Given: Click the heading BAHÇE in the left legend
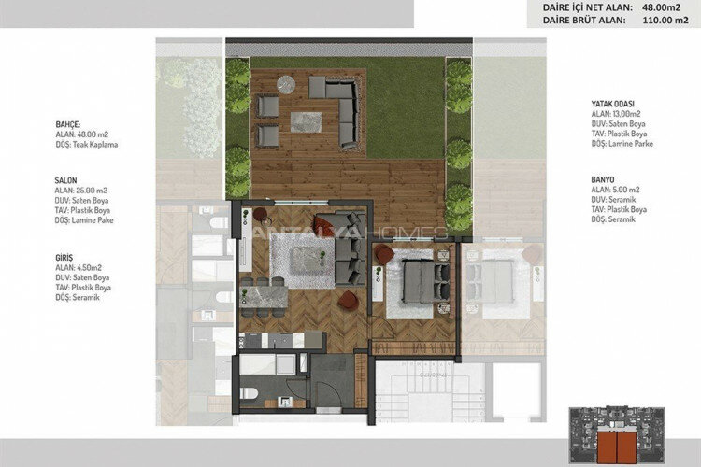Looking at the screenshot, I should coord(68,123).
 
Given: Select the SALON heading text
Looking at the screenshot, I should coord(66,179).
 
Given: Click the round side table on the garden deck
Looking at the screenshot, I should coord(288,83).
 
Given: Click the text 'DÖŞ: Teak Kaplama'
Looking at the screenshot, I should coord(87,145).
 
